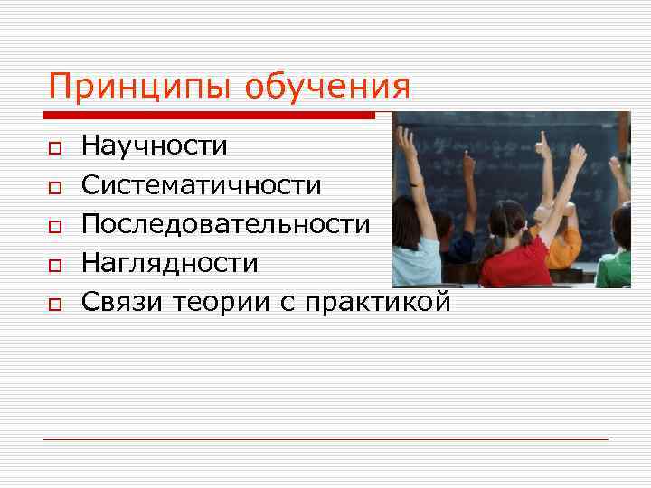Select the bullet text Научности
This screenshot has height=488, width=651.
click(155, 145)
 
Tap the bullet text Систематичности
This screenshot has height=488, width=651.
click(202, 185)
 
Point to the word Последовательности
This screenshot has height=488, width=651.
click(226, 224)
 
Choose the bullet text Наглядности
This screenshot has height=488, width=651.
click(170, 263)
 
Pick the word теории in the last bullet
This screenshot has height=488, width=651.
click(220, 302)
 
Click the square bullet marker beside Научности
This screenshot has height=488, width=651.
click(55, 147)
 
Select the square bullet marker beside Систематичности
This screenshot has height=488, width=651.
click(55, 186)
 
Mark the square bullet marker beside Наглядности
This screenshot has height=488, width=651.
click(55, 265)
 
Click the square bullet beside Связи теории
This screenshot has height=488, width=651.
click(55, 304)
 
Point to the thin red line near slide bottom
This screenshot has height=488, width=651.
click(325, 439)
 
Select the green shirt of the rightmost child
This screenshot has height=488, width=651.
click(614, 268)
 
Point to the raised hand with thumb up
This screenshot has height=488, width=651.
click(542, 144)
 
